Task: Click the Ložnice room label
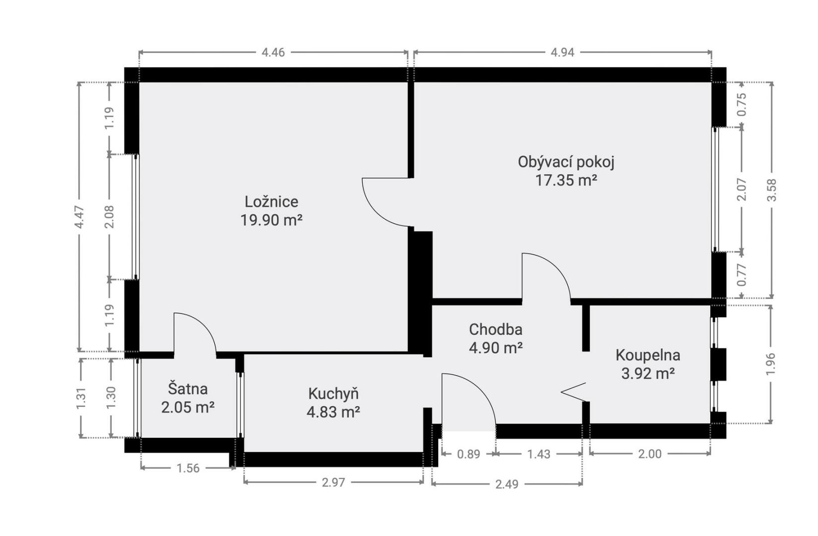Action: (272, 202)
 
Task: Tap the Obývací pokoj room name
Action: (566, 162)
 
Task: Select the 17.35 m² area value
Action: (566, 180)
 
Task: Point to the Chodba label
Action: (495, 330)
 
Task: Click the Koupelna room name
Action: (648, 355)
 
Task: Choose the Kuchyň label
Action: (334, 394)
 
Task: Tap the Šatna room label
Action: (188, 389)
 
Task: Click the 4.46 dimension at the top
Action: (273, 53)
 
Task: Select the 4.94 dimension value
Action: (562, 53)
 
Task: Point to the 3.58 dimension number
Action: (772, 190)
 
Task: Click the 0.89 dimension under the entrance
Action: (469, 454)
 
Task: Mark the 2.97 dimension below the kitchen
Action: (333, 482)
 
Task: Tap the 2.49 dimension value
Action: (506, 484)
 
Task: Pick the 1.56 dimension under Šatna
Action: (188, 468)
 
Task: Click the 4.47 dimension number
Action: (79, 217)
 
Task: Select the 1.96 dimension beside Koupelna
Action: (770, 364)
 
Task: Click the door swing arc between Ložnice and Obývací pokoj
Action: (376, 213)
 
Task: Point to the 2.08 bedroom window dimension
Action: (109, 217)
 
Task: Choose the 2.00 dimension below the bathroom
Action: (650, 454)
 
